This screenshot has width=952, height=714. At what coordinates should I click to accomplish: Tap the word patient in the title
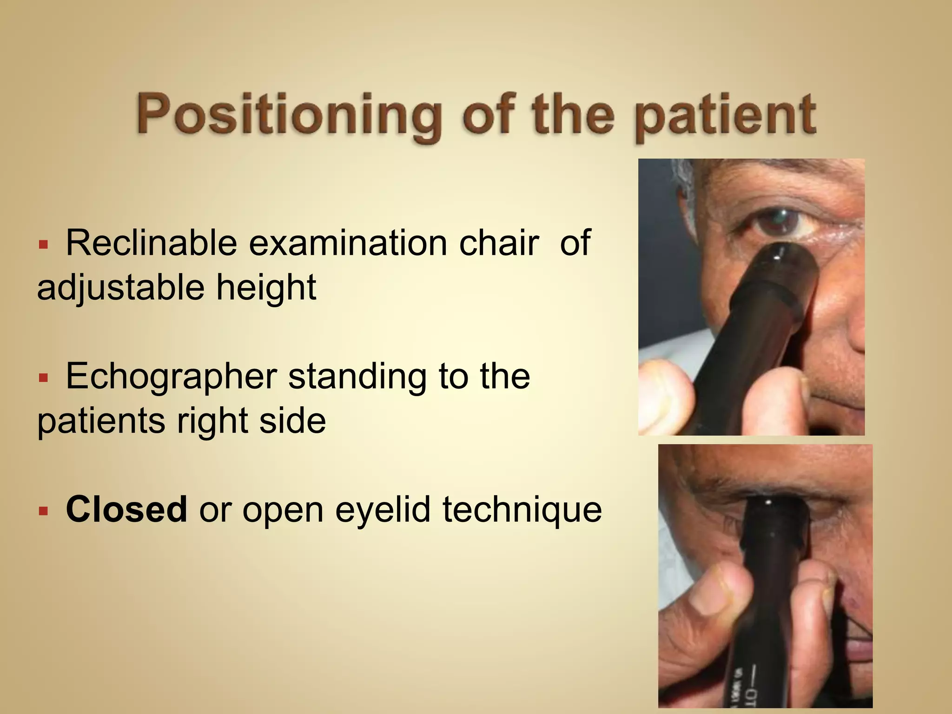(x=725, y=115)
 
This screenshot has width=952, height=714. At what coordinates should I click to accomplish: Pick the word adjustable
(x=121, y=287)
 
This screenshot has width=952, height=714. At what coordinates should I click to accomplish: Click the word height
(x=266, y=287)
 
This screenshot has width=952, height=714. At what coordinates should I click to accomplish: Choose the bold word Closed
(x=126, y=509)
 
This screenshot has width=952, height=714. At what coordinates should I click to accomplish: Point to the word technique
(x=522, y=509)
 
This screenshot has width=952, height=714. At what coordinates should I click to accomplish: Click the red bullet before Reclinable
(x=43, y=245)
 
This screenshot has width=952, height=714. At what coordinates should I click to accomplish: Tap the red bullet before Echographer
(x=43, y=378)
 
